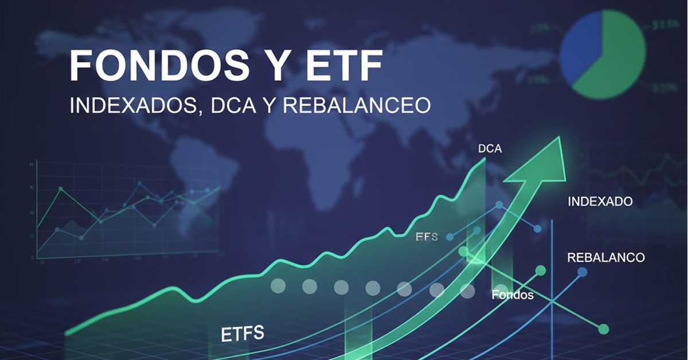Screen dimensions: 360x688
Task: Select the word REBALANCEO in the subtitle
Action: click(357, 106)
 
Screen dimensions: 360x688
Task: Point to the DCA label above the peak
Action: click(490, 149)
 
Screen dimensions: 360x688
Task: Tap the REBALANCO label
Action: click(605, 257)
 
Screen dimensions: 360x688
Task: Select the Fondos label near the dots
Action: click(512, 295)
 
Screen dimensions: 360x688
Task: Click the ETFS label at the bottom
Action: click(243, 334)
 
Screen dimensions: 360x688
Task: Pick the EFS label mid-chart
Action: click(427, 237)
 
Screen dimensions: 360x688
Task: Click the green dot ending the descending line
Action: click(603, 329)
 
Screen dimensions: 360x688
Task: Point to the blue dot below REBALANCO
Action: click(583, 272)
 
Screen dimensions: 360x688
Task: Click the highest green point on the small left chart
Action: click(61, 189)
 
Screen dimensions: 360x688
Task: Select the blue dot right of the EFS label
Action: click(450, 237)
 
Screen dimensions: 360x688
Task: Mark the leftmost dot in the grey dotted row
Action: click(277, 285)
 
